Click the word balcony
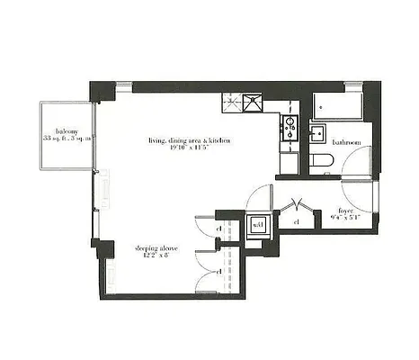(x=63, y=128)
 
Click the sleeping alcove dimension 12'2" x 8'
(x=154, y=255)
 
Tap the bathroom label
(x=345, y=142)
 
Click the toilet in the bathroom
(x=323, y=162)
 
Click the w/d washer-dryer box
(x=257, y=226)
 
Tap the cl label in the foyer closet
(x=297, y=221)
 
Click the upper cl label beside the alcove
(x=219, y=230)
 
